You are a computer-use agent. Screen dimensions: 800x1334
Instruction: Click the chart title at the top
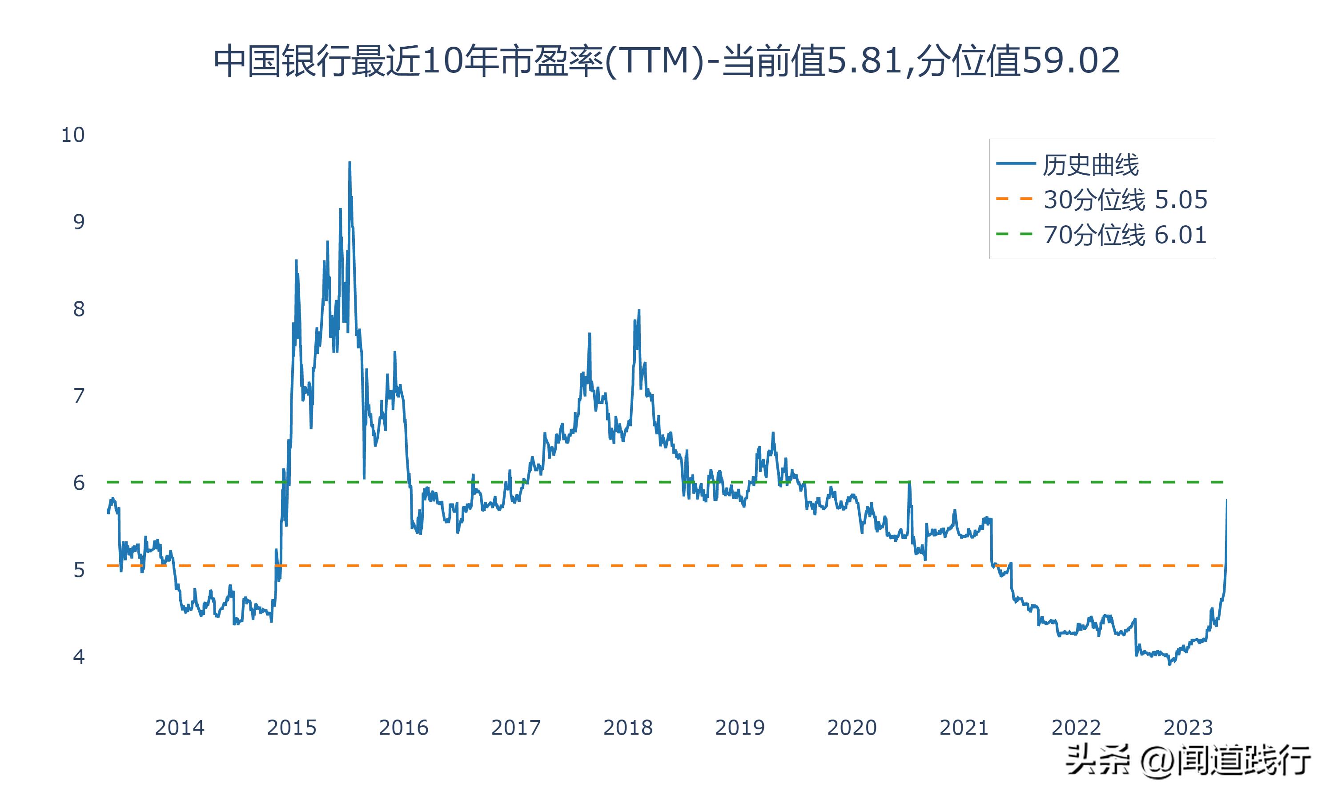pos(667,60)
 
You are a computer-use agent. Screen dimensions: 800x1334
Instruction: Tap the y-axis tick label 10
pos(73,135)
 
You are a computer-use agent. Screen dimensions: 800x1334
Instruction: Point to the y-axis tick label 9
pos(79,222)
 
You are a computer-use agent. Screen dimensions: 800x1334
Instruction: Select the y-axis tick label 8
pos(79,309)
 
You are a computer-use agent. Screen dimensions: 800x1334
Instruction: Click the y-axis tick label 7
pos(79,396)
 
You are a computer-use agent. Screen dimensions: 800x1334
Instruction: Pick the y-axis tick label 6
pos(79,483)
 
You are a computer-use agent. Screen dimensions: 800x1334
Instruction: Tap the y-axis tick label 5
pos(79,570)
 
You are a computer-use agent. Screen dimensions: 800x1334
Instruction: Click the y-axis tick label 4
pos(79,656)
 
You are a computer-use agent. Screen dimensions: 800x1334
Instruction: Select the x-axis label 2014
pos(180,728)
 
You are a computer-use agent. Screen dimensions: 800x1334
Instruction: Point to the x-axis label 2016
pos(403,728)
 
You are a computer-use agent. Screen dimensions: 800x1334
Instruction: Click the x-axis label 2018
pos(627,728)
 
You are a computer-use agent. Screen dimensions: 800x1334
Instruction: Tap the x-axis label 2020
pos(852,728)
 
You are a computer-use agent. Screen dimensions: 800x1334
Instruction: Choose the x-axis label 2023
pos(1188,728)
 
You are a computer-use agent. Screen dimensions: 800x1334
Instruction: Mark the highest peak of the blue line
pos(350,162)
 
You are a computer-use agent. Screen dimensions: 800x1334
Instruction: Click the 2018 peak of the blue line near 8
pos(639,311)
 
